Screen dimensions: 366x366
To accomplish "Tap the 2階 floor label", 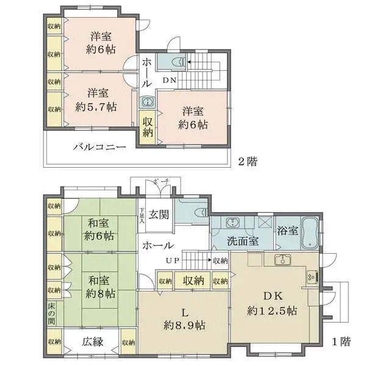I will pyautogui.click(x=247, y=162).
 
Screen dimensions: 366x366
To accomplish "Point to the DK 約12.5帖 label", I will pyautogui.click(x=272, y=303).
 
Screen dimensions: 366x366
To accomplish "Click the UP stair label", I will pyautogui.click(x=172, y=261).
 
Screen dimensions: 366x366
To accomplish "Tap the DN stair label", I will pyautogui.click(x=169, y=79).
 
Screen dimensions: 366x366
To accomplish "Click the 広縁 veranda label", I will pyautogui.click(x=93, y=342).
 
